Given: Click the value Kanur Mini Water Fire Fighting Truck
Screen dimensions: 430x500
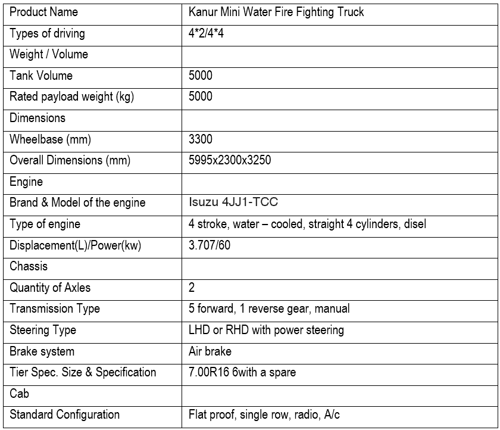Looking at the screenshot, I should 276,12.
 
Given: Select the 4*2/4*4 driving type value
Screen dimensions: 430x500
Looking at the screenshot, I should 206,33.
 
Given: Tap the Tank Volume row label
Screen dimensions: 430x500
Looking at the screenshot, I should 41,76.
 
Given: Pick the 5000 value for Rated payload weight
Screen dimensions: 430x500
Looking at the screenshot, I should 201,96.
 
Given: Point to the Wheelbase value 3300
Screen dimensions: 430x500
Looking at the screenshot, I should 201,139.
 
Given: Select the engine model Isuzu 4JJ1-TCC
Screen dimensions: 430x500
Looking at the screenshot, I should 233,202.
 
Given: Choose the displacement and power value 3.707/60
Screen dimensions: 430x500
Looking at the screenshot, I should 210,245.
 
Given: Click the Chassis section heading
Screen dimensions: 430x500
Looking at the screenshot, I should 29,266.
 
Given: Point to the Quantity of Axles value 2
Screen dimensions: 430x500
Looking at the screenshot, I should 192,288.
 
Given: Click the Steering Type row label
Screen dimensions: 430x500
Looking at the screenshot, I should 43,330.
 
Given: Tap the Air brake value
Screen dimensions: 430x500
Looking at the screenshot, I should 210,351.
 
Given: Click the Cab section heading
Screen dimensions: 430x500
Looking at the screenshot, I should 20,394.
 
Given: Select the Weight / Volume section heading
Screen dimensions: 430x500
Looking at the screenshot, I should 49,54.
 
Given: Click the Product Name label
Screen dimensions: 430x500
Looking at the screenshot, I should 43,12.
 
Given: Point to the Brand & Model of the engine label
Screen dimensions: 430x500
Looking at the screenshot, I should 77,202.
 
